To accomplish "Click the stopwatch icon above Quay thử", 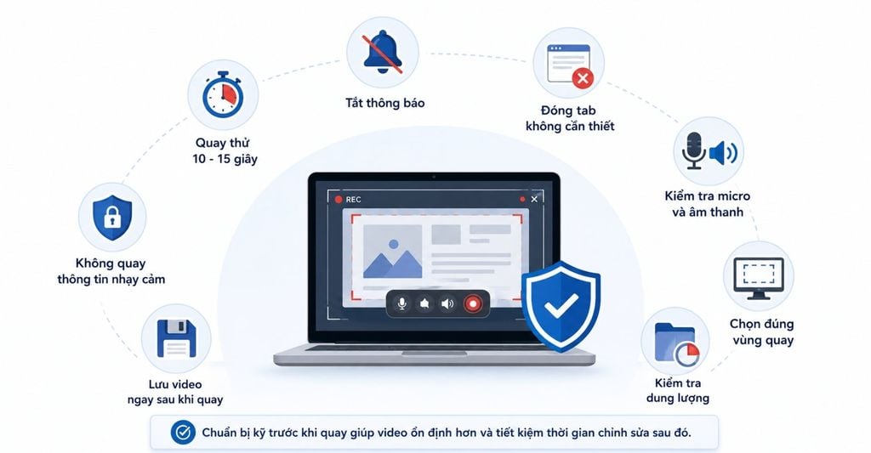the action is [x=223, y=94].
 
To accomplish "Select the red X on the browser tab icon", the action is [x=583, y=79].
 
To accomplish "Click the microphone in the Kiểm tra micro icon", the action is [x=694, y=150].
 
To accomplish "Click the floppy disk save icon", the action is [x=177, y=338].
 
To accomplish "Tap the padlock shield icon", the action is [x=112, y=218].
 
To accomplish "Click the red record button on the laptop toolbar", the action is [x=473, y=303].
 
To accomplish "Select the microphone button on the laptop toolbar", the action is [x=401, y=303].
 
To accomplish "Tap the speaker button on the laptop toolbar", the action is [x=447, y=303].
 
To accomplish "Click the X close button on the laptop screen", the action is [x=534, y=199].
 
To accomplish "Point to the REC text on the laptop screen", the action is [x=353, y=199].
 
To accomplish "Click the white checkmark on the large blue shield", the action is [x=561, y=306].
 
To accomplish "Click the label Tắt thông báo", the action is [x=385, y=103].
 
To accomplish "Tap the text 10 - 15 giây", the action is [x=225, y=159].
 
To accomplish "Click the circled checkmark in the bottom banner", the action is [x=183, y=433].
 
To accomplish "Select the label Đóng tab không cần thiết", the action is [x=570, y=118].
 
